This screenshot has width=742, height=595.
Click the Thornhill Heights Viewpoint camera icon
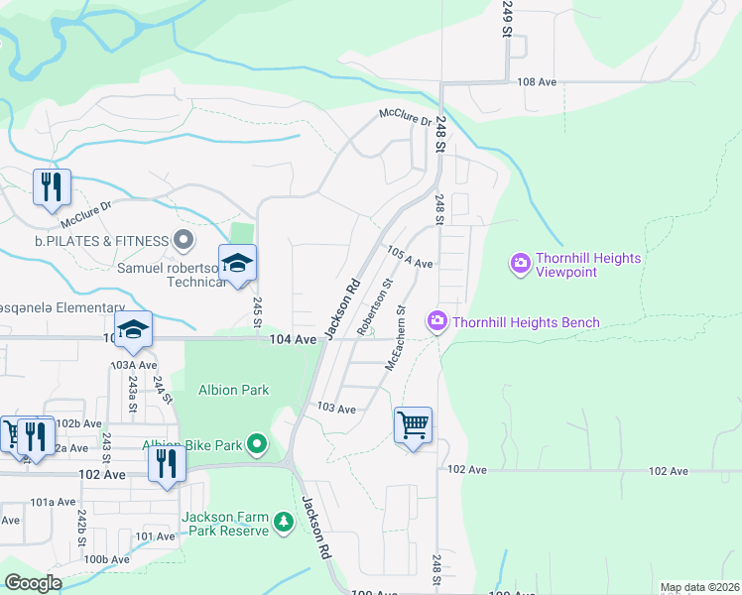click(x=520, y=264)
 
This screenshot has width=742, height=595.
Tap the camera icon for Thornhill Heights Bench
click(x=436, y=321)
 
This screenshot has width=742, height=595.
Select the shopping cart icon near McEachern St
click(x=413, y=425)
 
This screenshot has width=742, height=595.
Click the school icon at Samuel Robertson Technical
click(x=237, y=264)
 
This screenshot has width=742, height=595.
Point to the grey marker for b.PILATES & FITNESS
click(x=183, y=239)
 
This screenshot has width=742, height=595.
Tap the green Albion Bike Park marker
click(x=258, y=444)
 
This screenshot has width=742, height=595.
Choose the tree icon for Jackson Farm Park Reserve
click(x=284, y=522)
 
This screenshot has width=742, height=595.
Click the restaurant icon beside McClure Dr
click(x=51, y=187)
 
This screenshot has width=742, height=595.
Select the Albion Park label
click(x=234, y=390)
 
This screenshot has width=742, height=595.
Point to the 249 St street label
click(x=506, y=18)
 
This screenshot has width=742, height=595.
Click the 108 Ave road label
click(x=537, y=82)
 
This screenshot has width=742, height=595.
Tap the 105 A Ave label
click(x=410, y=259)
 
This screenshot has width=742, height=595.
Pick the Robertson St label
click(x=376, y=305)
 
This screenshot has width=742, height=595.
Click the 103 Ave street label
click(x=336, y=409)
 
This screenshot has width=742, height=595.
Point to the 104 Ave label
click(x=293, y=339)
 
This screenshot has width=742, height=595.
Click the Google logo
click(x=33, y=583)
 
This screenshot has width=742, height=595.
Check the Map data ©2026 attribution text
click(x=699, y=587)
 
